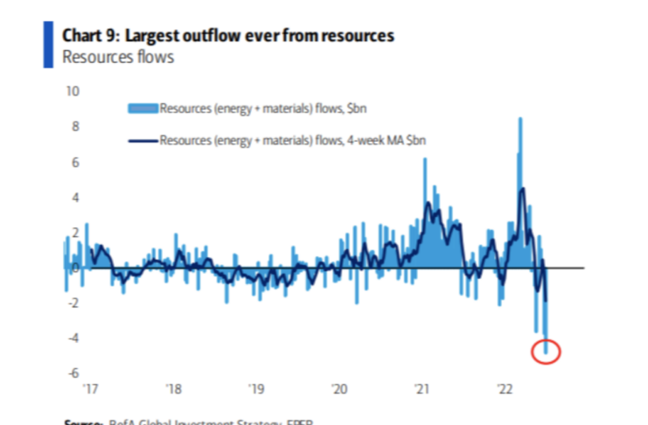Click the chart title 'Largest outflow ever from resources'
pos(257,36)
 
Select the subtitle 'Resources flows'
pos(118,58)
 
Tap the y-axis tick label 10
pos(73,91)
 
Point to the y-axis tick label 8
pos(76,126)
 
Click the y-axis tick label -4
pos(73,338)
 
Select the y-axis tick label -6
pos(73,373)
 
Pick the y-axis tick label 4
pos(76,197)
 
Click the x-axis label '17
pos(89,389)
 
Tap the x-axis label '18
pos(172,389)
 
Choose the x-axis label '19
pos(255,389)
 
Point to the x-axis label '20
pos(339,389)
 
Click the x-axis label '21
pos(422,389)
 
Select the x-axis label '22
pos(505,389)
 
